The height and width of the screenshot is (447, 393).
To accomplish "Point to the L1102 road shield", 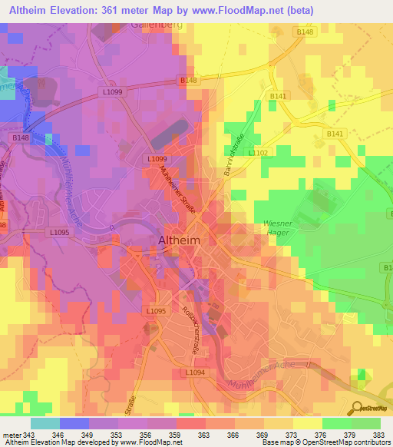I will coord(257,153).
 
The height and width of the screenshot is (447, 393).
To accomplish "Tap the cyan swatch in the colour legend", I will coord(45,423).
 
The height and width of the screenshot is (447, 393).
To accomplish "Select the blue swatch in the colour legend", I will coord(74,423).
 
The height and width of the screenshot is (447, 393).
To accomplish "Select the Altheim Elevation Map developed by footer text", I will coord(92,442).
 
